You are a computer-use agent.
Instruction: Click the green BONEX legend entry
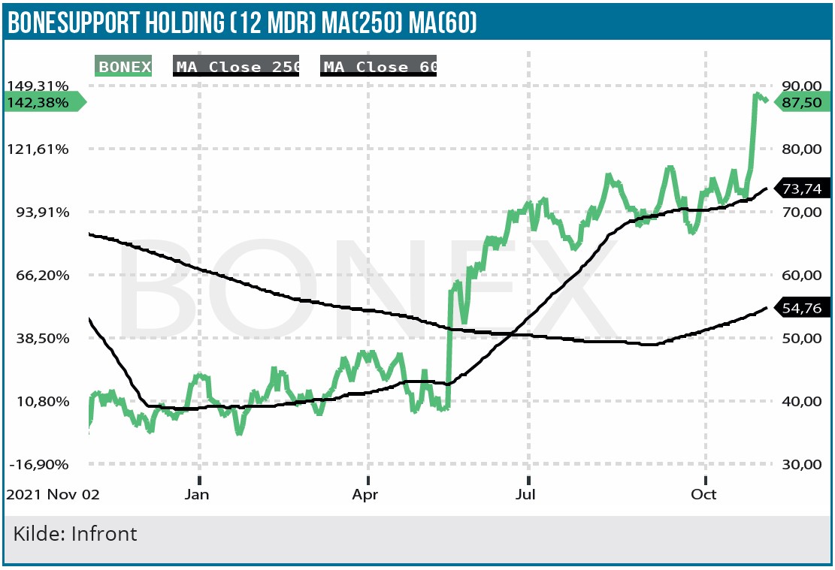(x=124, y=67)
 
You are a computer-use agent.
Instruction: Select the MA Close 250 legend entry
(x=237, y=67)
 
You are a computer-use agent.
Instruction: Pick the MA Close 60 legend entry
(x=379, y=67)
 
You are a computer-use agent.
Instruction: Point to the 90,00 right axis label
(x=802, y=86)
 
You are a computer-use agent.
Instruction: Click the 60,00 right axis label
(x=802, y=275)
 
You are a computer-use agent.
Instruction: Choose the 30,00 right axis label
(x=802, y=464)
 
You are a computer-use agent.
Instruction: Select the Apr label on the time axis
(x=365, y=494)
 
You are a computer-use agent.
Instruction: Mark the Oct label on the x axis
(x=704, y=494)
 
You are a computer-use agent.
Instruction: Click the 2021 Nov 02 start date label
(x=53, y=494)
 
